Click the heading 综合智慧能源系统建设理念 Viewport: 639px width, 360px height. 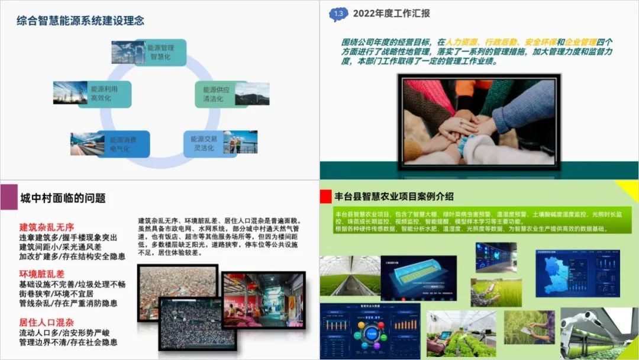pos(80,21)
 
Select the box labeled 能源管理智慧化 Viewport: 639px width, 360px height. pos(160,52)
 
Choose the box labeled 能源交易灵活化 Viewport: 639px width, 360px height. pos(204,143)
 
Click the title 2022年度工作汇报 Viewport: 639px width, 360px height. pos(391,14)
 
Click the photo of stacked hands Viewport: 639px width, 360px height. pos(479,122)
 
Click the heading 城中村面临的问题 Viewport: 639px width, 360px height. pos(63,198)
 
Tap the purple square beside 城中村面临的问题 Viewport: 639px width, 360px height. pos(8,197)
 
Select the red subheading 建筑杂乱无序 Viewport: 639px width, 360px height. pos(47,227)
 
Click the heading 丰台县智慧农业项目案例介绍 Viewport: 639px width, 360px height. pos(394,196)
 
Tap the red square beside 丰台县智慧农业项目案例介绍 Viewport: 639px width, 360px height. pos(325,197)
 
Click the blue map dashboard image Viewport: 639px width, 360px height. pos(561,273)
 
